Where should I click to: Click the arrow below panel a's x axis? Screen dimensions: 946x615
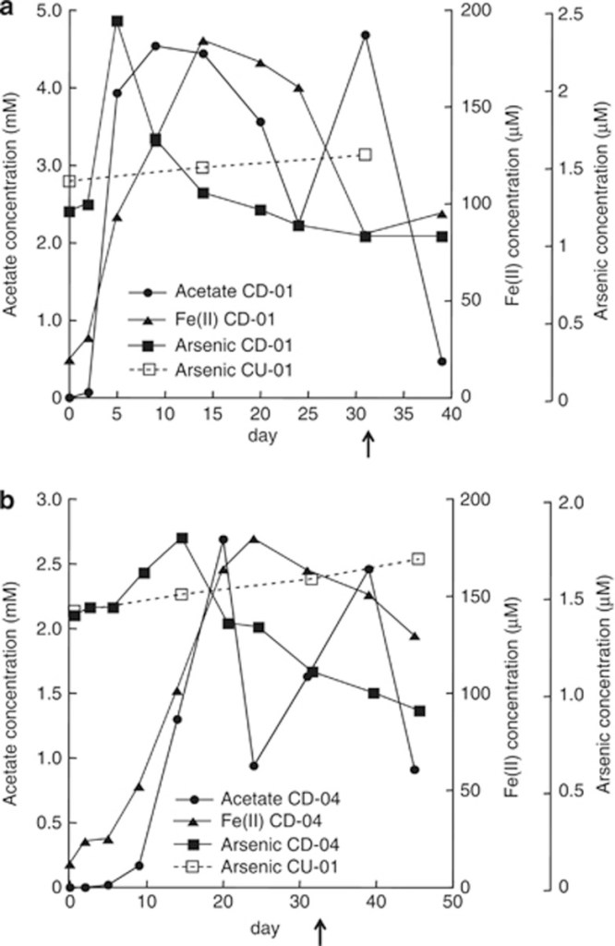368,446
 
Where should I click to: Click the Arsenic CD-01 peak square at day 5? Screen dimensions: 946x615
117,21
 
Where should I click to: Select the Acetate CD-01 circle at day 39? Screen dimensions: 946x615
441,361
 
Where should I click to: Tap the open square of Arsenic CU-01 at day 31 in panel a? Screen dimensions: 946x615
365,154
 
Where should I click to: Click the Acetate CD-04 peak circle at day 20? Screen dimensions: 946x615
223,540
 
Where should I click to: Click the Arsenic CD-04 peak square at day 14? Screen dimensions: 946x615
182,538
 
